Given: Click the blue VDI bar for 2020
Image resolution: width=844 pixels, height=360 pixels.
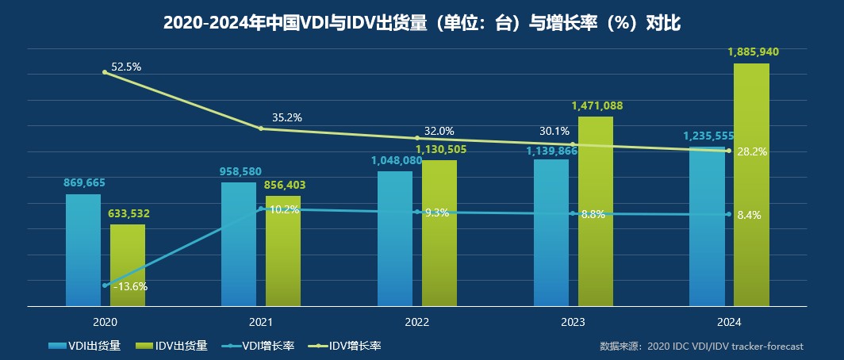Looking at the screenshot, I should [83, 250].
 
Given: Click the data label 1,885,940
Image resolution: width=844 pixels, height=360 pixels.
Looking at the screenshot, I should [753, 52].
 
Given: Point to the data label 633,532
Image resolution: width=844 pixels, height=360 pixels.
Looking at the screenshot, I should [129, 213].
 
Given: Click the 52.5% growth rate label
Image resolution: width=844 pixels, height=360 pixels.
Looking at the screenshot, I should [126, 67].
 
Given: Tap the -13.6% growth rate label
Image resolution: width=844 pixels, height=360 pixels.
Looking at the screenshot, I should [130, 286].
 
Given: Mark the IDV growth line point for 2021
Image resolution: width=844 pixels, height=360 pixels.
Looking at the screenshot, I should [261, 128].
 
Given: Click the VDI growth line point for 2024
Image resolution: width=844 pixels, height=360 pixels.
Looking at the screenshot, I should [728, 214].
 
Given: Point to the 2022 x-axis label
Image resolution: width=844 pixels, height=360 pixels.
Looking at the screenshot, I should [416, 322].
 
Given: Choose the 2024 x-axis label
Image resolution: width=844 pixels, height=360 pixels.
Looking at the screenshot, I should [728, 322].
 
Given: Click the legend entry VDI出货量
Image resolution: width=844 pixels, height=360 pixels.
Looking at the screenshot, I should [84, 346].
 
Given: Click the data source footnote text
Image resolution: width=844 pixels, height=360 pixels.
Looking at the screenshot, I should [701, 347].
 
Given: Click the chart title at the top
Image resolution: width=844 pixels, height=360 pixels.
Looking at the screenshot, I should [421, 24].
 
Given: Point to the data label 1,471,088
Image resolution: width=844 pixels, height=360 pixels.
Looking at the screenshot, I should [597, 105].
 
